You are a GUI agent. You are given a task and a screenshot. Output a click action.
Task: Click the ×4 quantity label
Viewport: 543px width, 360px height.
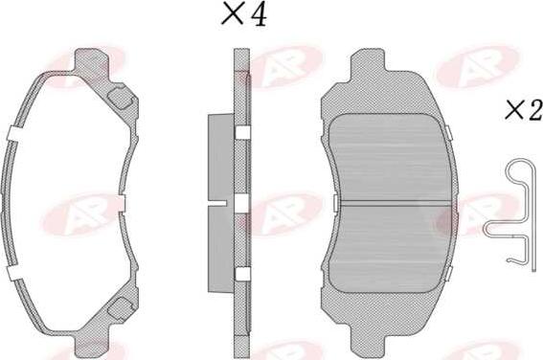pyautogui.click(x=244, y=13)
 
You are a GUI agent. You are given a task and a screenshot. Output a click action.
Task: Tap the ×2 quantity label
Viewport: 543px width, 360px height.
pyautogui.click(x=524, y=110)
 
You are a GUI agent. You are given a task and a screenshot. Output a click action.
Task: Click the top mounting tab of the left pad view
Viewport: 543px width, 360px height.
pyautogui.click(x=91, y=61)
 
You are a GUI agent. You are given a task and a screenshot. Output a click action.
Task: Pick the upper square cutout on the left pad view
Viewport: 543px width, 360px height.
pyautogui.click(x=120, y=98)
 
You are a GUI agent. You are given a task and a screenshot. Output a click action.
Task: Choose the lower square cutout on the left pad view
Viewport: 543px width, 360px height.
pyautogui.click(x=120, y=306)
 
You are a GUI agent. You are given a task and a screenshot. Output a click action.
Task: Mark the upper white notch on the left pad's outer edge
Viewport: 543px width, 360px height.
pyautogui.click(x=15, y=134)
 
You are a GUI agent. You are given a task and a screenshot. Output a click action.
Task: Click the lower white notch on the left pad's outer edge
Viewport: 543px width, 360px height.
pyautogui.click(x=15, y=273)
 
